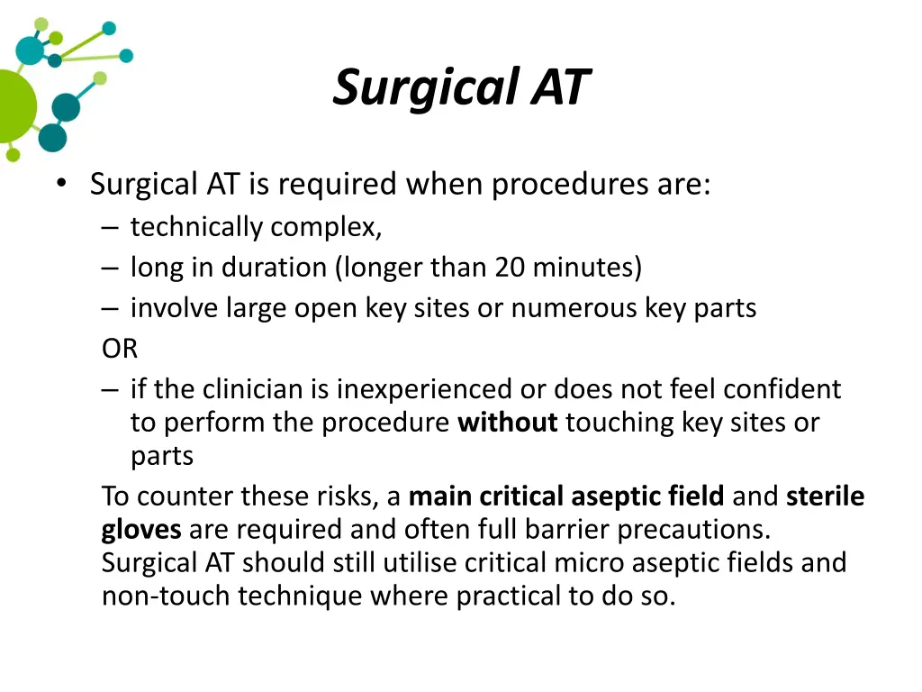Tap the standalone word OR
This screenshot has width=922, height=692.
click(120, 349)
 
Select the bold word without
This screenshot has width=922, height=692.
click(508, 423)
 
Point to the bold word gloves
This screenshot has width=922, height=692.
click(141, 529)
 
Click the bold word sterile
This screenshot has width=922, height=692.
click(825, 496)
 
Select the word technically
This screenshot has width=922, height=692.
click(197, 227)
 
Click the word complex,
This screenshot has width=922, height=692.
click(327, 227)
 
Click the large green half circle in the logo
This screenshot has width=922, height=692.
click(15, 106)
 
